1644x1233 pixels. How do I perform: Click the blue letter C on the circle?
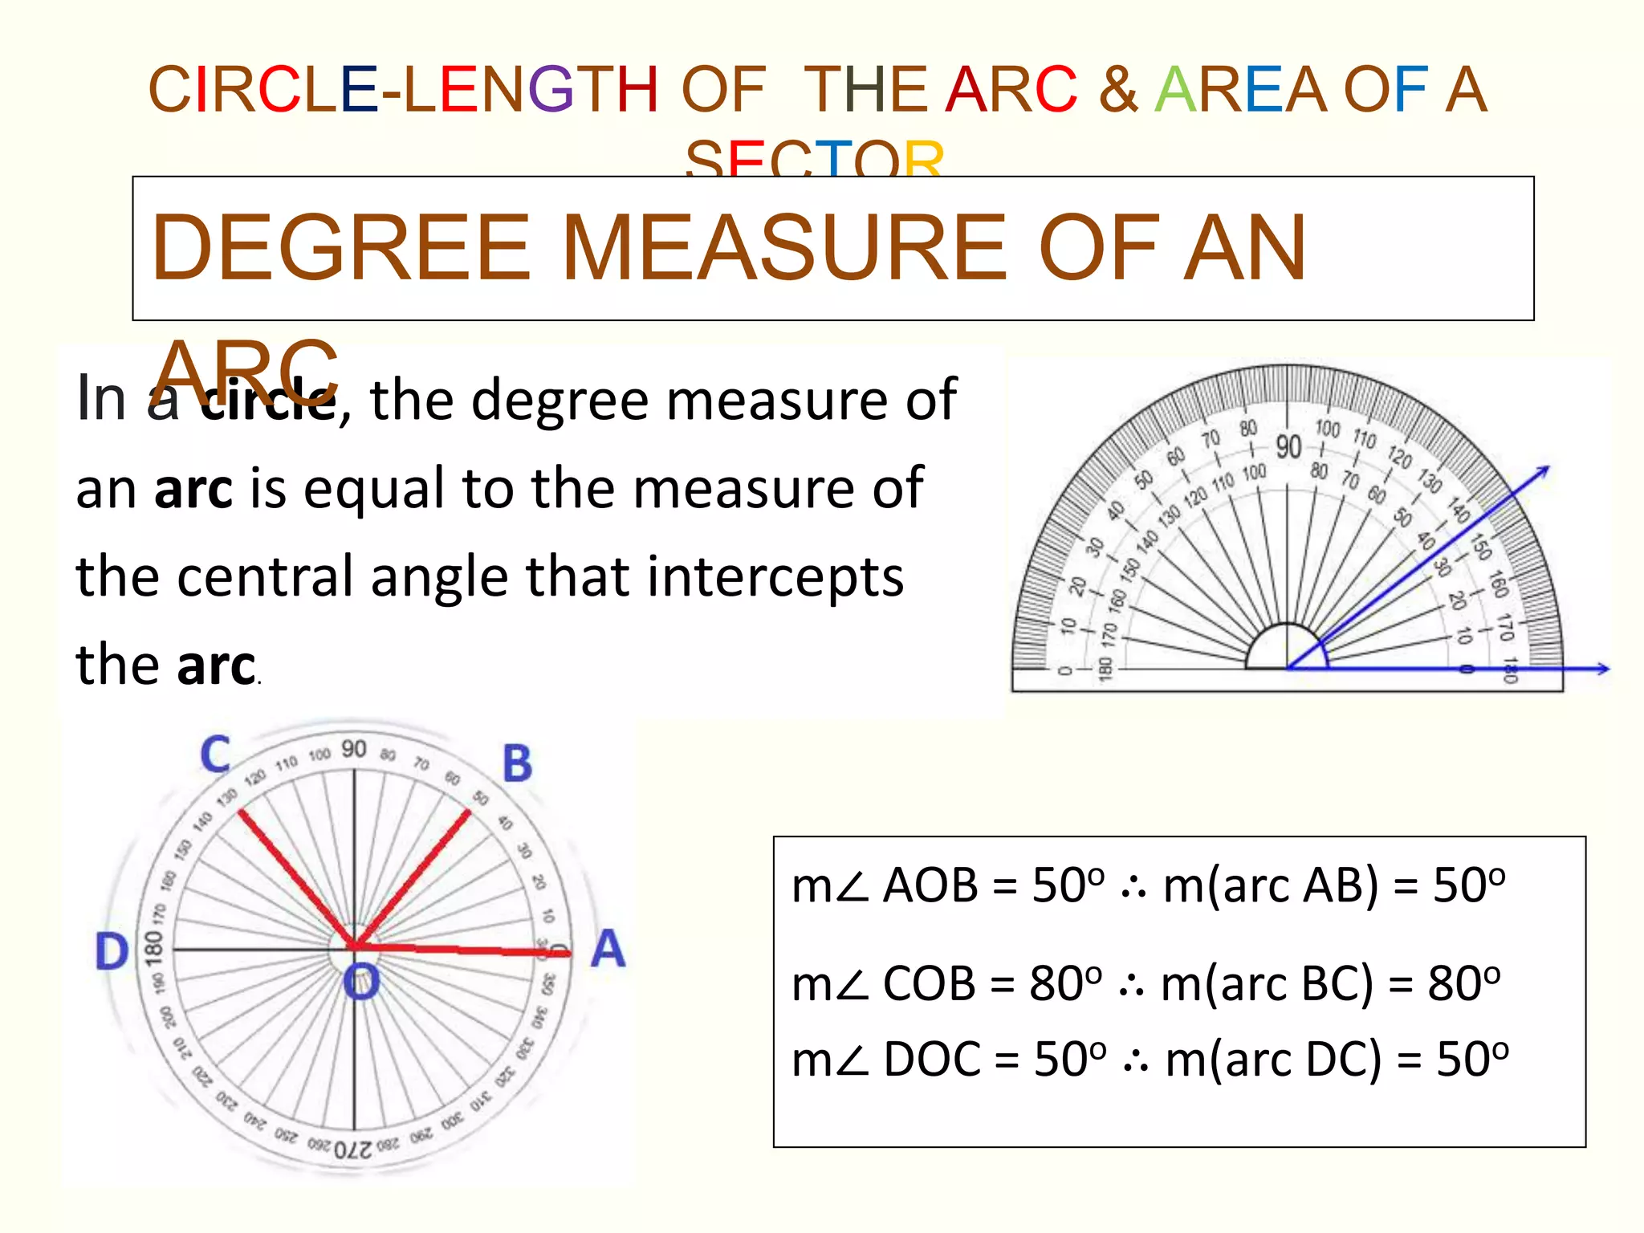(215, 755)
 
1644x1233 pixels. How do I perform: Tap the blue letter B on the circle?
(517, 763)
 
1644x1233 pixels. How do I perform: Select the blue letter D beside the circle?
(112, 952)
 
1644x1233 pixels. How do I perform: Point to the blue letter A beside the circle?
(608, 949)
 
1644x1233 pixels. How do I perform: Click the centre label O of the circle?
(361, 982)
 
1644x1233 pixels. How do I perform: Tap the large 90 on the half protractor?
(1288, 446)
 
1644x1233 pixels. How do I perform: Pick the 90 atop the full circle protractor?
(354, 749)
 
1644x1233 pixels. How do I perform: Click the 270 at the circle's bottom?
(353, 1150)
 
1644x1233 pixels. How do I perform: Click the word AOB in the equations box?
(930, 886)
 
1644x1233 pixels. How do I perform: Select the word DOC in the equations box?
(932, 1059)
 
